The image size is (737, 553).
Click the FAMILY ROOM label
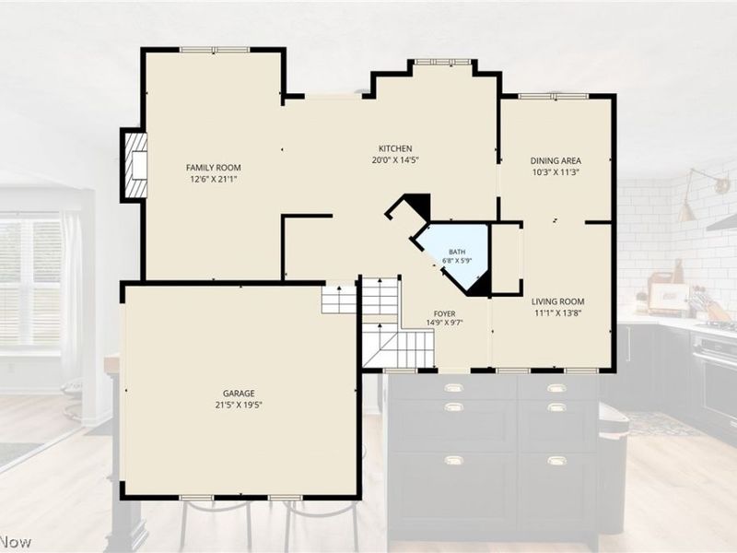pos(214,168)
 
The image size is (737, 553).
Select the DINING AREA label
pos(556,160)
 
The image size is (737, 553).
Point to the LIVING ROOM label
pos(558,301)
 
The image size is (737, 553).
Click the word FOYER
pos(444,313)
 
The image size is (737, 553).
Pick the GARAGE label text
pos(239,394)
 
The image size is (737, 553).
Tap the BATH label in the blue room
pos(457,252)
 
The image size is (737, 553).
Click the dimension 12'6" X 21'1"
pos(214,179)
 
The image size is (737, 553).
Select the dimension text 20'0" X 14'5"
pos(395,159)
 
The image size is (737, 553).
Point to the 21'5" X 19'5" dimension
pos(239,405)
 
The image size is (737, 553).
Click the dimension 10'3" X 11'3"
pos(556,172)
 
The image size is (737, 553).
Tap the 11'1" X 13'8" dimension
pos(558,312)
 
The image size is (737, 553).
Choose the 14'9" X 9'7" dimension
pos(445,323)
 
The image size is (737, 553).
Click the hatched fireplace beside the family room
pos(135,166)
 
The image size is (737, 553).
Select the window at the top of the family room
pos(215,50)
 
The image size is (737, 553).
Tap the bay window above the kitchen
pos(442,62)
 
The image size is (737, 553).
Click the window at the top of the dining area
pos(554,97)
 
